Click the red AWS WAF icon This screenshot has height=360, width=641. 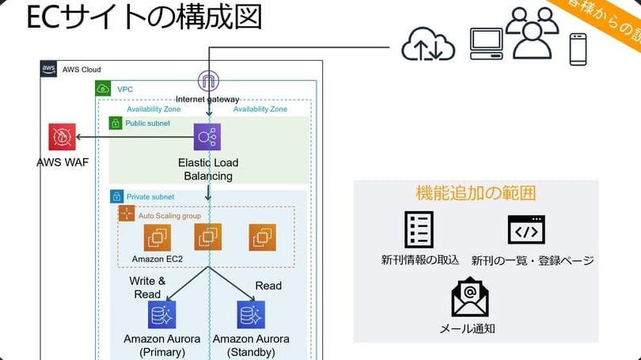click(62, 138)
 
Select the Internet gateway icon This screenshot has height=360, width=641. click(209, 81)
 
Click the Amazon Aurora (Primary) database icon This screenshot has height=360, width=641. click(162, 315)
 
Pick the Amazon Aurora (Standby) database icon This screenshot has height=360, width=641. click(251, 315)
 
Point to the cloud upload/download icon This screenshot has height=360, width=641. click(428, 45)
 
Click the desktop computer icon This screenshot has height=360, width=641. click(486, 46)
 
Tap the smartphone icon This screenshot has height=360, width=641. click(578, 49)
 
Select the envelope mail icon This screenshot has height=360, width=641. click(470, 297)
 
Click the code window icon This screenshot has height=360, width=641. click(526, 229)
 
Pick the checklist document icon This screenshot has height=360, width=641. click(419, 229)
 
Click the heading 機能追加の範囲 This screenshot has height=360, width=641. click(476, 192)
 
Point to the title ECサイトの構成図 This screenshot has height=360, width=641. click(144, 17)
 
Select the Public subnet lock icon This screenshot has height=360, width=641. click(116, 123)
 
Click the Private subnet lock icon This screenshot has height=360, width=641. click(116, 196)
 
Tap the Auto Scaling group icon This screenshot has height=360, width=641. click(127, 214)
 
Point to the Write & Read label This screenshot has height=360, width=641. click(148, 287)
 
